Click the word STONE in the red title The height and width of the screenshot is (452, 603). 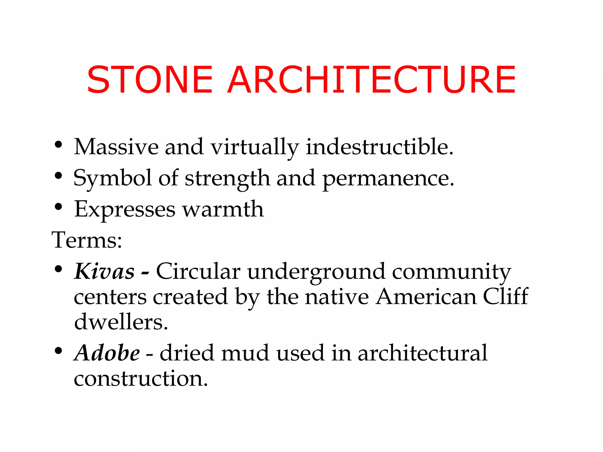pyautogui.click(x=150, y=80)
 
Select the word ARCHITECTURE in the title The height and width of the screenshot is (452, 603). pyautogui.click(x=372, y=80)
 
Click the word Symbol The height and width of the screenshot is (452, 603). pyautogui.click(x=112, y=178)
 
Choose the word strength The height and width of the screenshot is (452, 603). pyautogui.click(x=227, y=178)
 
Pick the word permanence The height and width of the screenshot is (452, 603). pyautogui.click(x=388, y=178)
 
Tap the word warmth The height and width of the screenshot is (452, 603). pyautogui.click(x=223, y=209)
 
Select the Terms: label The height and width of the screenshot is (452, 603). pyautogui.click(x=87, y=240)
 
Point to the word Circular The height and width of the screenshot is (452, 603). pyautogui.click(x=198, y=271)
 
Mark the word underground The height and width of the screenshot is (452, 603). pyautogui.click(x=316, y=272)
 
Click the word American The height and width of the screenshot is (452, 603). pyautogui.click(x=426, y=297)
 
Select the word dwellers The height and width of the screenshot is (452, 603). pyautogui.click(x=121, y=322)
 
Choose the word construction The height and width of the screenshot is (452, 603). pyautogui.click(x=141, y=378)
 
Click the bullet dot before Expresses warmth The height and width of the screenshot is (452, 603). pyautogui.click(x=58, y=207)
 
